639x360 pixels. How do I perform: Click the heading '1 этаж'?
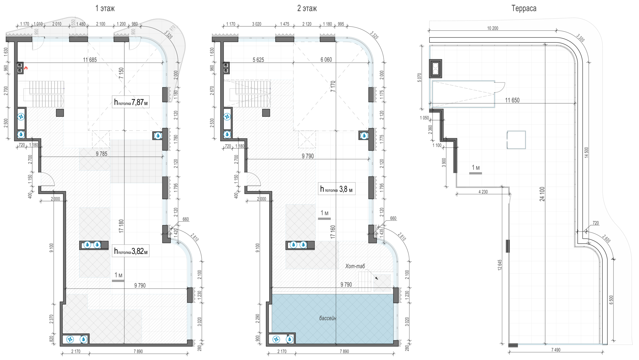105,8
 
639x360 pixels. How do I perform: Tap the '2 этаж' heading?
307,8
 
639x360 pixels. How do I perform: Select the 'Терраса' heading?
524,8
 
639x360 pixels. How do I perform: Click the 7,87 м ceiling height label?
131,102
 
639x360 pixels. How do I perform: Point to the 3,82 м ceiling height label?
131,251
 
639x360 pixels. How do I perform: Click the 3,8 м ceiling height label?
336,189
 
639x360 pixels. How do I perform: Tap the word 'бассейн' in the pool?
327,318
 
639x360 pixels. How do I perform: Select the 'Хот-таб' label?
355,266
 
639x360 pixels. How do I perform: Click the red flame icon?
26,68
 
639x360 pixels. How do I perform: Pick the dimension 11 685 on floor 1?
90,60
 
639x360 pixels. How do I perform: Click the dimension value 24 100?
542,194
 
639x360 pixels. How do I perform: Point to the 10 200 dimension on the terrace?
492,28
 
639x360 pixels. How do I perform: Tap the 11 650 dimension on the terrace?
512,100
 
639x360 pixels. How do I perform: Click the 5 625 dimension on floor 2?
258,60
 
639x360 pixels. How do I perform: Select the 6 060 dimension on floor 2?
326,60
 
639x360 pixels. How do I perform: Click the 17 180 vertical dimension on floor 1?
121,226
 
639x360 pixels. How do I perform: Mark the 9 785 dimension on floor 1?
102,154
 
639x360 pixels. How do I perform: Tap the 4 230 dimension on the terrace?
483,192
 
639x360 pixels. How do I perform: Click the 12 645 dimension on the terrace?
500,265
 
